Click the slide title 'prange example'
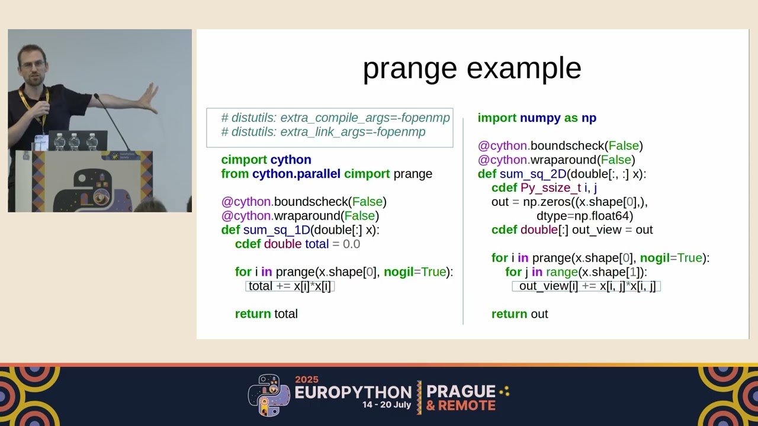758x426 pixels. pyautogui.click(x=471, y=69)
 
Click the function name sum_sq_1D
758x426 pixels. pyautogui.click(x=277, y=230)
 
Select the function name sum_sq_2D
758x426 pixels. pyautogui.click(x=533, y=174)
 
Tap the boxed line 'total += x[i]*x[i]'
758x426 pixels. pyautogui.click(x=290, y=286)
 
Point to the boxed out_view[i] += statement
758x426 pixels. pyautogui.click(x=586, y=286)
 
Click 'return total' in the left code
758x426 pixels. pyautogui.click(x=266, y=314)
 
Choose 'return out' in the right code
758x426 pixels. pyautogui.click(x=519, y=314)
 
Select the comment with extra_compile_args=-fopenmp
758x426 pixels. pyautogui.click(x=335, y=118)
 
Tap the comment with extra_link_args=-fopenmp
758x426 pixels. pyautogui.click(x=323, y=132)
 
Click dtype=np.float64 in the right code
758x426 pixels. pyautogui.click(x=584, y=216)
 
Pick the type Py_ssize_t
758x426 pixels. pyautogui.click(x=551, y=188)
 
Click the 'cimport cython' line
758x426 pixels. pyautogui.click(x=266, y=160)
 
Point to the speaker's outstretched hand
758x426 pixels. pyautogui.click(x=148, y=98)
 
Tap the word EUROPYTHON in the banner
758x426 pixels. pyautogui.click(x=353, y=392)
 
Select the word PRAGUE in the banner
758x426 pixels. pyautogui.click(x=461, y=391)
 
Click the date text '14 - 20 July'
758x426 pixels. pyautogui.click(x=387, y=406)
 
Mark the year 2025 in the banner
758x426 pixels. pyautogui.click(x=306, y=379)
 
